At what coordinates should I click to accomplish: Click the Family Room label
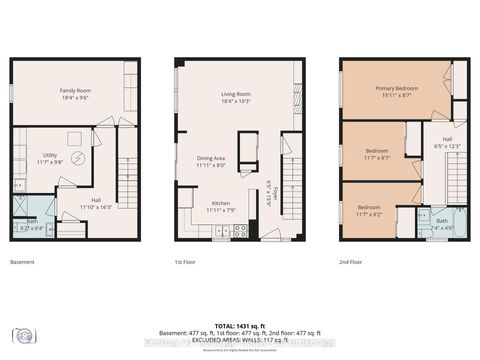(x=75, y=93)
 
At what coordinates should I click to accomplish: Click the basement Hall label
(x=94, y=203)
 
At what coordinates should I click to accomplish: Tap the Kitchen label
(x=220, y=206)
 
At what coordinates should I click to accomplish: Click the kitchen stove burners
(x=240, y=231)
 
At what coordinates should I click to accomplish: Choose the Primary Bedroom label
(x=396, y=91)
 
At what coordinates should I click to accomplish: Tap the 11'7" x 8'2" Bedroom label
(x=369, y=210)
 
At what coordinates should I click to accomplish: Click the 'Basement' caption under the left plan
(x=22, y=262)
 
